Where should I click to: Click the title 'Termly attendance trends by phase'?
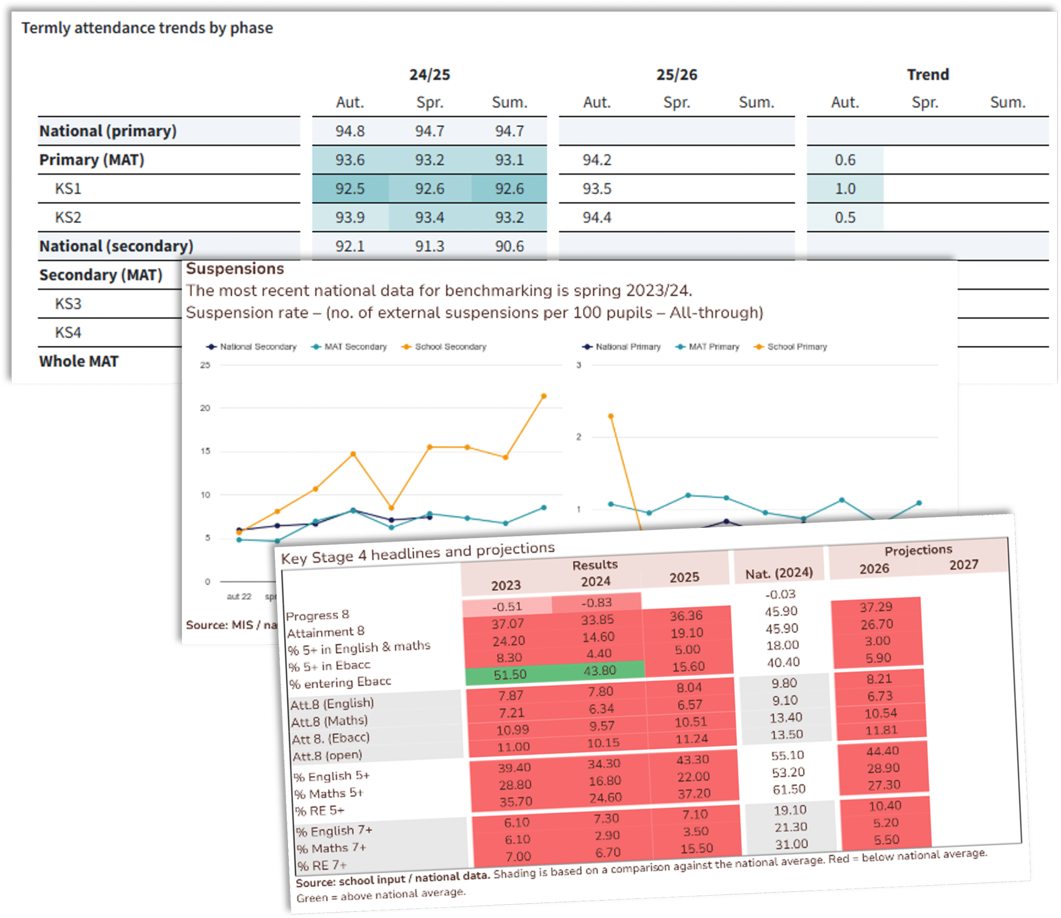point(147,28)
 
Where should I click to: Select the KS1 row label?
point(68,189)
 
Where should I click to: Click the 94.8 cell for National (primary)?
point(350,131)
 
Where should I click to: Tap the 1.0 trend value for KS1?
point(845,189)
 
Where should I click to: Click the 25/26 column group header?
point(676,75)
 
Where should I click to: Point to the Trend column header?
point(928,75)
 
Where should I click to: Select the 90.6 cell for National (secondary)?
point(509,246)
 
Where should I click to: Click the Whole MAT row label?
point(79,361)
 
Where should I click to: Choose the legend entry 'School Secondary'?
point(450,347)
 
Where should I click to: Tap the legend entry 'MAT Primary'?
point(713,347)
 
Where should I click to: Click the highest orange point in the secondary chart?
point(544,396)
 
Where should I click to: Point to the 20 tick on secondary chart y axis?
point(205,408)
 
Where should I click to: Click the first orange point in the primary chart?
point(611,416)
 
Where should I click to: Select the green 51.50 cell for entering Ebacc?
point(510,675)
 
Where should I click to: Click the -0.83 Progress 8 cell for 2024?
point(596,603)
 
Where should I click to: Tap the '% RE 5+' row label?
point(320,811)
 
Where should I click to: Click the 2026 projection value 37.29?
point(876,607)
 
